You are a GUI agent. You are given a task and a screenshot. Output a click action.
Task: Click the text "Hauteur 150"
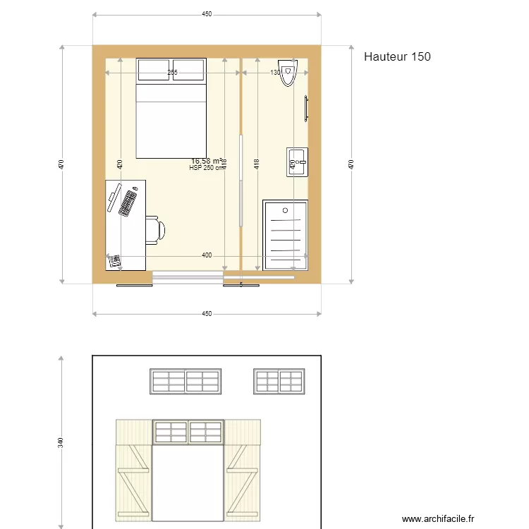point(397,56)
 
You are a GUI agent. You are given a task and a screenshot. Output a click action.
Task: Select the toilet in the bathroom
point(288,73)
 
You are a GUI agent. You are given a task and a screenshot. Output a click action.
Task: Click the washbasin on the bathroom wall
point(297,162)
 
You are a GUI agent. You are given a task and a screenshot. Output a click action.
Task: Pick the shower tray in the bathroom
point(285,235)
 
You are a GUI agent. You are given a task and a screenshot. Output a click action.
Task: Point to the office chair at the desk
point(154,229)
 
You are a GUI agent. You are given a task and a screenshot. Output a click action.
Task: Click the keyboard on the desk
point(128,202)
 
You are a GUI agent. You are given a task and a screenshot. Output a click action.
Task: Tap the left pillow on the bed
point(154,70)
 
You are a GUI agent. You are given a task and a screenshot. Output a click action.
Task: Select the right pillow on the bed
point(188,70)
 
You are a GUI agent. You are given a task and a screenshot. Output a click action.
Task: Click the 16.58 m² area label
point(207,161)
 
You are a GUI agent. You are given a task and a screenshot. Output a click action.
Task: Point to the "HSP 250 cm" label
point(206,168)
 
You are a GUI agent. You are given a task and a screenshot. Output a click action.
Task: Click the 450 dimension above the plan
point(207,14)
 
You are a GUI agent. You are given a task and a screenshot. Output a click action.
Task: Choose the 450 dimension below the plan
point(207,313)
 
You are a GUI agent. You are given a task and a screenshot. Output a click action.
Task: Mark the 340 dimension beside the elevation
point(61,443)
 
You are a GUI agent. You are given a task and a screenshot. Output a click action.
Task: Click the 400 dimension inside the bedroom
point(206,255)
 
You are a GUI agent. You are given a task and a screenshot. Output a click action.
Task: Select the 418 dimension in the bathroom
point(257,164)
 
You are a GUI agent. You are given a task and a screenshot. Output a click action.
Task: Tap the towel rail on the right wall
point(306,109)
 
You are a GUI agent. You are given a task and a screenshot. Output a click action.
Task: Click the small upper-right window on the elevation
point(279,381)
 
